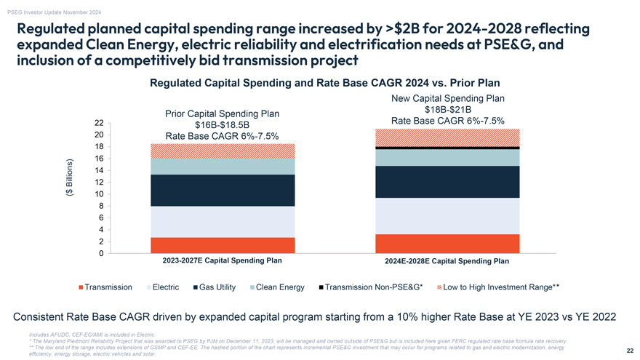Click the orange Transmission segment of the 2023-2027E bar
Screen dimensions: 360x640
[223, 245]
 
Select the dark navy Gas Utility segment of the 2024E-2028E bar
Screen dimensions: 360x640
[447, 182]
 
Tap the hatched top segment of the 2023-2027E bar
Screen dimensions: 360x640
[223, 151]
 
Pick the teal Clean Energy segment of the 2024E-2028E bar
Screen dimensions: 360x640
[447, 157]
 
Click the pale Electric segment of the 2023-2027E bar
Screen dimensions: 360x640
[223, 222]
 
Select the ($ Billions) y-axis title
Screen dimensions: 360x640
[70, 178]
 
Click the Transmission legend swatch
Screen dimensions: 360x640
[81, 287]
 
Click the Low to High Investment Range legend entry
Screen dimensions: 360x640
[500, 287]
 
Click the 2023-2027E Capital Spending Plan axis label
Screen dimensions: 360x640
[222, 260]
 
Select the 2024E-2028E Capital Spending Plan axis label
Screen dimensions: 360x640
[447, 261]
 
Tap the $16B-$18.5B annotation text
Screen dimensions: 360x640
[222, 124]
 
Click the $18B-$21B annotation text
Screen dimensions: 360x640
[447, 109]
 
